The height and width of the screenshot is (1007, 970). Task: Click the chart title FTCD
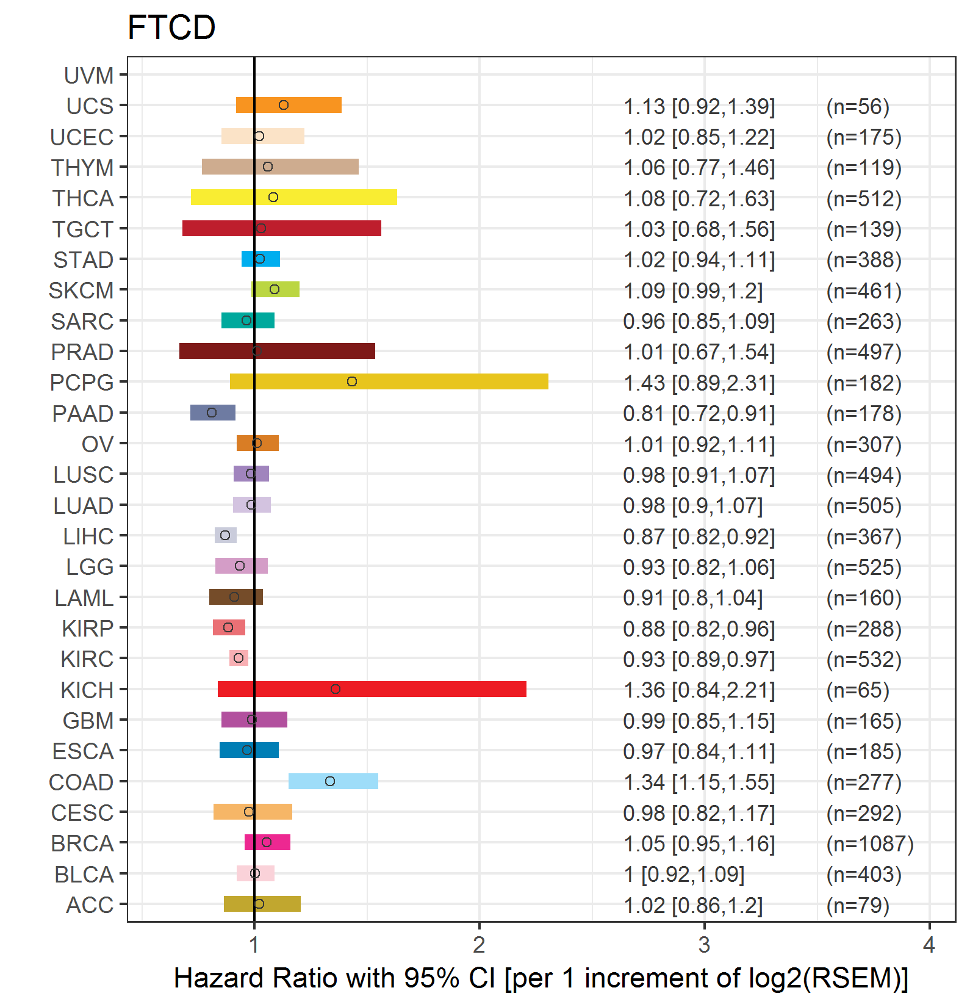171,27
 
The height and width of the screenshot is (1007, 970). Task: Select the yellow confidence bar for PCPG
427,381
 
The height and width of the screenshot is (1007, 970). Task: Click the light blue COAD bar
354,781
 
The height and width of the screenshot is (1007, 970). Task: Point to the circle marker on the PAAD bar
212,413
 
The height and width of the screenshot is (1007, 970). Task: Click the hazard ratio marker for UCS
284,105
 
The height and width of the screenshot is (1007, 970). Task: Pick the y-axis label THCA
83,198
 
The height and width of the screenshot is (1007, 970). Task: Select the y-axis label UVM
89,76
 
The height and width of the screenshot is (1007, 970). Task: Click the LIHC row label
88,536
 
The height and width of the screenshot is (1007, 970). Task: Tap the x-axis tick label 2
479,945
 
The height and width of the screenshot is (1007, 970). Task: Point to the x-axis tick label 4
929,945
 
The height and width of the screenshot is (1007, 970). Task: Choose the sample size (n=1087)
870,843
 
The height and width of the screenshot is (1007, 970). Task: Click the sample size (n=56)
858,106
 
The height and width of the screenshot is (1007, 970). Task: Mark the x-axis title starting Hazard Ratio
541,978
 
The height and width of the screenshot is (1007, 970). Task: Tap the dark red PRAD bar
305,351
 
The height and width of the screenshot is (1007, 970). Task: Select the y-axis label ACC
90,905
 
